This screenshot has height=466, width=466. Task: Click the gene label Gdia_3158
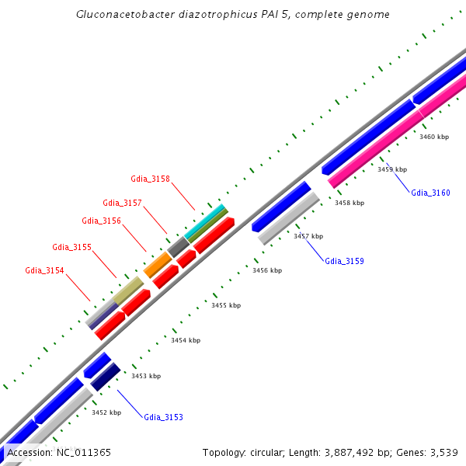pos(150,179)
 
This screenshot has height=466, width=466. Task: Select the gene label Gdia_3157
pos(122,203)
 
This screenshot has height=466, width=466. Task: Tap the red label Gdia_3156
pos(101,221)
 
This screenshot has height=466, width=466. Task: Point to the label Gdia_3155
pos(72,247)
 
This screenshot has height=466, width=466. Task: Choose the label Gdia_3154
pos(44,270)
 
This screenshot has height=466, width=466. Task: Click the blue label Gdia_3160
pos(430,193)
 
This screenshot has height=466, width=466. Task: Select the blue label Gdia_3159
pos(344,261)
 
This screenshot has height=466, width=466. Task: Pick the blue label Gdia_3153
pos(163,417)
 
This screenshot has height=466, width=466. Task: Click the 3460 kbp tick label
pos(434,137)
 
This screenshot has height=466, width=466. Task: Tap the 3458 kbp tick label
pos(349,203)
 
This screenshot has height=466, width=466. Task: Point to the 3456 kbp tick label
pos(267,270)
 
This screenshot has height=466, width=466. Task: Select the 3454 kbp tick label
pos(186,340)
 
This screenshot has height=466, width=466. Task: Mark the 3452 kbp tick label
pos(106,412)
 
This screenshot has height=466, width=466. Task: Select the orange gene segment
pos(158,265)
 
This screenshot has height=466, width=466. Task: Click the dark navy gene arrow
pos(106,376)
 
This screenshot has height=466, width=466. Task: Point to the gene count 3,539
pos(442,452)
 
